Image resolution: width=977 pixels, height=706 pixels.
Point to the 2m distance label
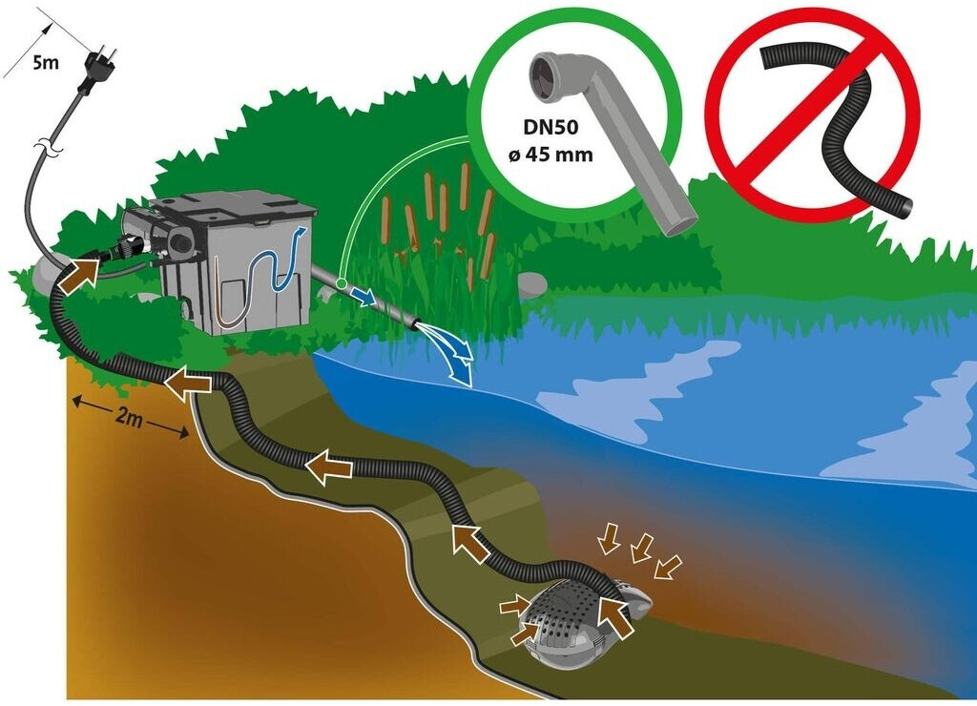pyautogui.click(x=130, y=419)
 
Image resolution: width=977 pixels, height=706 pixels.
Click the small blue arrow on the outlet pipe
pyautogui.click(x=360, y=293)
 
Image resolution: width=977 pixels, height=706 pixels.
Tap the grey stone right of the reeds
pyautogui.click(x=530, y=283)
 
